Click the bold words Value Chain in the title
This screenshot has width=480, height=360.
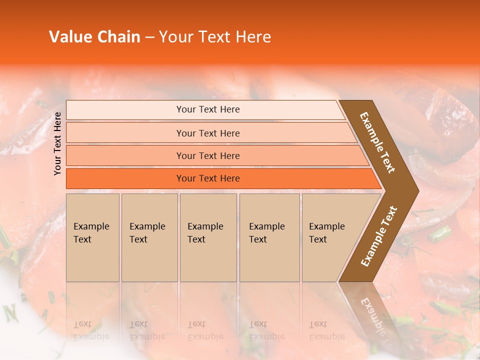(94, 37)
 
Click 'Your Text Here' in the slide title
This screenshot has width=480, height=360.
(215, 37)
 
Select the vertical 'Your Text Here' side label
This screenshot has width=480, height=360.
(58, 143)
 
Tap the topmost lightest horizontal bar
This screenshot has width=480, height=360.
(125, 110)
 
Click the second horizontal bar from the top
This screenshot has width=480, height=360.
(125, 133)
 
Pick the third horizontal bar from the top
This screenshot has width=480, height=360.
(125, 155)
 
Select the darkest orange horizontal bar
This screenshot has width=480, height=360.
(125, 178)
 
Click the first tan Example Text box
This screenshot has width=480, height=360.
(92, 237)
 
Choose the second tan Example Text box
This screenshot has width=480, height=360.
(149, 237)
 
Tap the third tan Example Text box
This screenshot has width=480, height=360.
(208, 237)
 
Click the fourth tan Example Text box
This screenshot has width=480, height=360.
(269, 237)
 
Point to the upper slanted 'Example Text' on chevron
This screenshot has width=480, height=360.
(377, 142)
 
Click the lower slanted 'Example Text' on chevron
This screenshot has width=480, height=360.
(379, 236)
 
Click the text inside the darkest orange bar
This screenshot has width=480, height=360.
(208, 178)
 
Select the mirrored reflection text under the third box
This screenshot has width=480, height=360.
(205, 330)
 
